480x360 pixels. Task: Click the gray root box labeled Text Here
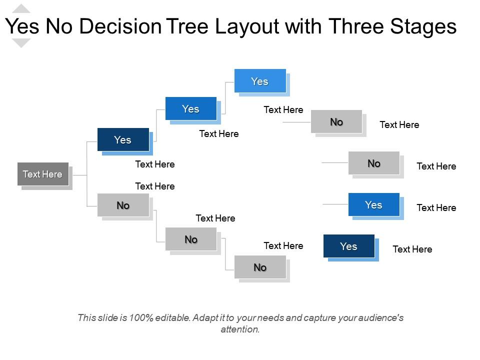coord(43,174)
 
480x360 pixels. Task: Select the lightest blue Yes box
coord(260,81)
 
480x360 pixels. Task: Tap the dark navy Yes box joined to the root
coord(123,139)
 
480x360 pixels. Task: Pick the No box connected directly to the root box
coord(123,205)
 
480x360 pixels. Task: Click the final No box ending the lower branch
coord(260,267)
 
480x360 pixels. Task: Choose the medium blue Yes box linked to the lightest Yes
coord(190,109)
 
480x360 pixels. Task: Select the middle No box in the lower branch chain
coord(191,239)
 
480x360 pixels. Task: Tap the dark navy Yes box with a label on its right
coord(348,246)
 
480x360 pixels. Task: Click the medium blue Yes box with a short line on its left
coord(373,204)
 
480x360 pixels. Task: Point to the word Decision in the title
coord(120,26)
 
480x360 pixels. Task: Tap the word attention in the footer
coord(239,329)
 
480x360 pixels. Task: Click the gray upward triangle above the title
coord(21,8)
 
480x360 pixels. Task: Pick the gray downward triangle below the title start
coord(21,43)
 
